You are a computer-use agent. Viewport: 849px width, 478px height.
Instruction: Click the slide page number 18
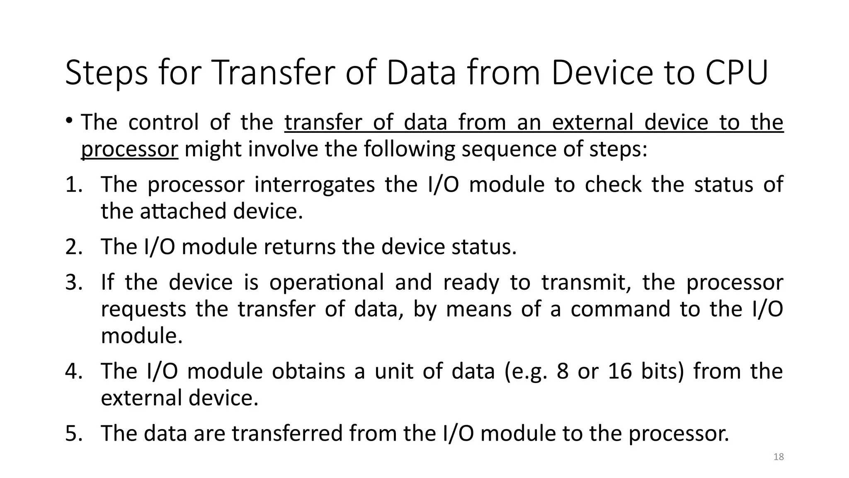pyautogui.click(x=779, y=457)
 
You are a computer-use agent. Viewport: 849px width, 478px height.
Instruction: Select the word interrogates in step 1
pyautogui.click(x=315, y=184)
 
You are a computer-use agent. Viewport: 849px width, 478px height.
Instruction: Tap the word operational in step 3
pyautogui.click(x=327, y=283)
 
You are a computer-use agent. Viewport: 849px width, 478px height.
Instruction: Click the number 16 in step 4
pyautogui.click(x=620, y=371)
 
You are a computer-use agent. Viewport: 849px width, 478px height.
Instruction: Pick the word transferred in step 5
pyautogui.click(x=287, y=433)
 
